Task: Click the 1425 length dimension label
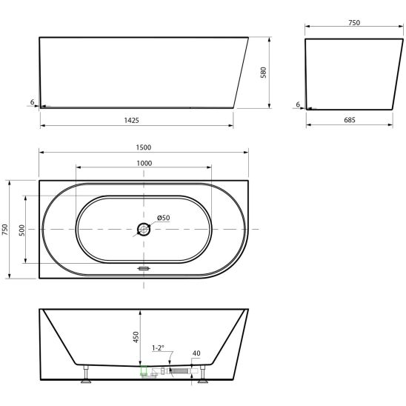132,120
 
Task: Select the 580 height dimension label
263,73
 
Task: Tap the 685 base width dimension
350,120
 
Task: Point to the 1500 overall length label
144,147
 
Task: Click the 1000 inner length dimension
144,164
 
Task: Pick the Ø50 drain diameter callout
164,218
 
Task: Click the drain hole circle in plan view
144,229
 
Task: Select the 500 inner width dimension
22,230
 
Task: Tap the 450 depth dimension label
136,337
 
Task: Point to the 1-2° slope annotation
159,347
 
